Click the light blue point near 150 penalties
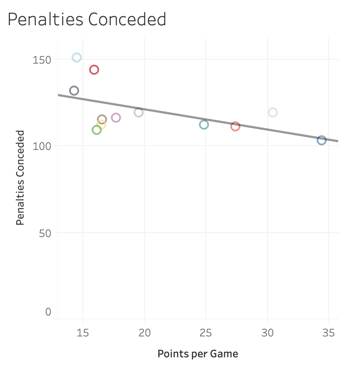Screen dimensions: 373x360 tap(77, 58)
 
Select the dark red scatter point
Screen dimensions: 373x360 tap(94, 70)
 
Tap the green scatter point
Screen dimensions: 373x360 tap(97, 130)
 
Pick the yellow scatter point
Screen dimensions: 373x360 tap(101, 125)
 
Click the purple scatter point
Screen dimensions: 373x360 tap(116, 118)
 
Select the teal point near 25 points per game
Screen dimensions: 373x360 tap(204, 125)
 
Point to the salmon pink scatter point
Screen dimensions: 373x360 tap(235, 126)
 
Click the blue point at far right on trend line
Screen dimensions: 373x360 tap(322, 140)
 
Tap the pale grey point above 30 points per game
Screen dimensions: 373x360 tap(273, 112)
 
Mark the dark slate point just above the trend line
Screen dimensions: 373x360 tap(74, 91)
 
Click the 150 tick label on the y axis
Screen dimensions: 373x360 tap(42, 60)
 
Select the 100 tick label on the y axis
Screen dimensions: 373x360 tap(42, 146)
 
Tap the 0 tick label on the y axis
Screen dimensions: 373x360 tap(48, 312)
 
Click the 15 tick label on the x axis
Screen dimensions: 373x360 tap(83, 333)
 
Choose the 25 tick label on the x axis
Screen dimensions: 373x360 tap(206, 333)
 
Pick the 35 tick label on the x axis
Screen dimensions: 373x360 tap(328, 333)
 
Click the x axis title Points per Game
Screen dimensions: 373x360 tap(198, 353)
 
